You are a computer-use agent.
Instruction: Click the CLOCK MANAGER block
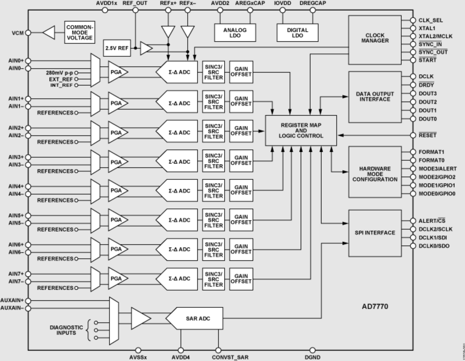pyautogui.click(x=374, y=40)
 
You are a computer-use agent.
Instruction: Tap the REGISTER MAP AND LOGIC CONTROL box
pyautogui.click(x=300, y=130)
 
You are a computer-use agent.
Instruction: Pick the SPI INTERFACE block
pyautogui.click(x=374, y=233)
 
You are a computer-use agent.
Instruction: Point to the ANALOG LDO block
pyautogui.click(x=234, y=32)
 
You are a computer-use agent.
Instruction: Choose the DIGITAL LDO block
pyautogui.click(x=297, y=32)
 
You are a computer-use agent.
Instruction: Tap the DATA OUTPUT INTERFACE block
pyautogui.click(x=374, y=97)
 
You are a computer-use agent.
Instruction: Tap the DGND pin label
pyautogui.click(x=312, y=357)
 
